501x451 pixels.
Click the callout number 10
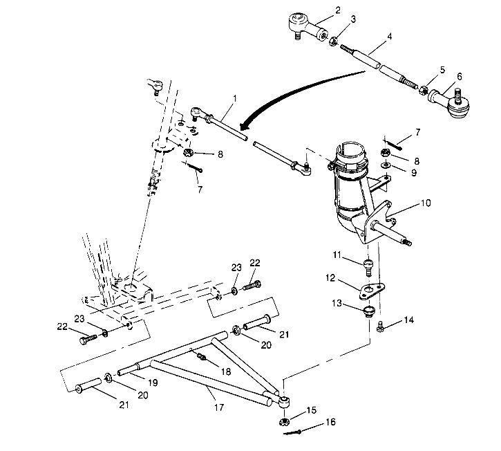tap(426, 203)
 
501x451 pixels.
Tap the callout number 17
tap(219, 407)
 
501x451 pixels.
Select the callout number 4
tap(390, 37)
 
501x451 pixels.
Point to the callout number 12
tap(330, 278)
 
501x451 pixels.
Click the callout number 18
tap(225, 371)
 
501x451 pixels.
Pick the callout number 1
tap(235, 98)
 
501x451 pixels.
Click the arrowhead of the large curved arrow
tap(245, 126)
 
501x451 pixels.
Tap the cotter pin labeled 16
tap(292, 433)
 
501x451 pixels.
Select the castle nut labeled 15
tap(283, 421)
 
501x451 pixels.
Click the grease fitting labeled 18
tap(201, 356)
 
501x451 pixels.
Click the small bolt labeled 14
tap(380, 327)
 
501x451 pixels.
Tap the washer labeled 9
tap(386, 165)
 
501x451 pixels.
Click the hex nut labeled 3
tap(332, 42)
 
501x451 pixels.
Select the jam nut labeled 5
tap(423, 90)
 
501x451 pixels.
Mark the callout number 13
tap(337, 303)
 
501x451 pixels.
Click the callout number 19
tap(153, 383)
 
